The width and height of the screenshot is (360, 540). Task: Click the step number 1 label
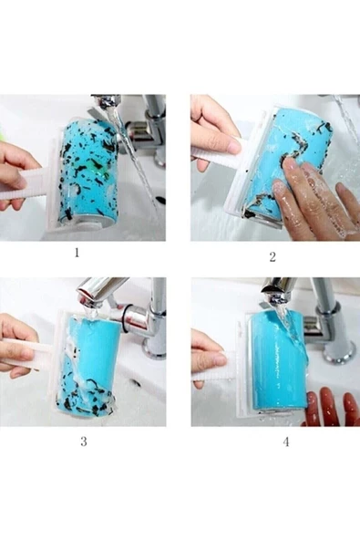pos(77,253)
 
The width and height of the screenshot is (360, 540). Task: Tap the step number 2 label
pos(273,257)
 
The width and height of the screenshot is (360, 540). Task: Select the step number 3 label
pos(84,441)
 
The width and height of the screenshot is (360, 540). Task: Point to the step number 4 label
pos(286,441)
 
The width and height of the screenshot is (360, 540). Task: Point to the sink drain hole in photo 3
pos(135,382)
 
